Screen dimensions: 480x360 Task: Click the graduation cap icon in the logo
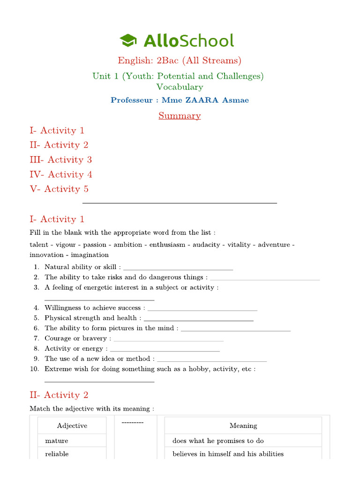click(x=128, y=40)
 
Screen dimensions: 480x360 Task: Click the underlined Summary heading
click(x=180, y=116)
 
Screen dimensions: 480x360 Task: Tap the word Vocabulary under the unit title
click(x=180, y=87)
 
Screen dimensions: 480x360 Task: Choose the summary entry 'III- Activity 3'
click(x=61, y=160)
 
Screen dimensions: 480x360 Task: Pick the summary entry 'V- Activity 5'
click(x=59, y=189)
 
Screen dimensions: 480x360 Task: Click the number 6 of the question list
click(x=37, y=328)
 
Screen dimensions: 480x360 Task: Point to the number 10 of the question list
click(x=35, y=369)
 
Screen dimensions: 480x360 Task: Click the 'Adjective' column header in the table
click(x=72, y=426)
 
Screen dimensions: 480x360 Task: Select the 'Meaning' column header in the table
click(x=243, y=426)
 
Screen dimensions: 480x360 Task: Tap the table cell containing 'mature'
click(x=72, y=441)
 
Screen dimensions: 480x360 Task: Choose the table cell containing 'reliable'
click(x=72, y=454)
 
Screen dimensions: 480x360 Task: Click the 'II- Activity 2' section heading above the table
click(x=59, y=395)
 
